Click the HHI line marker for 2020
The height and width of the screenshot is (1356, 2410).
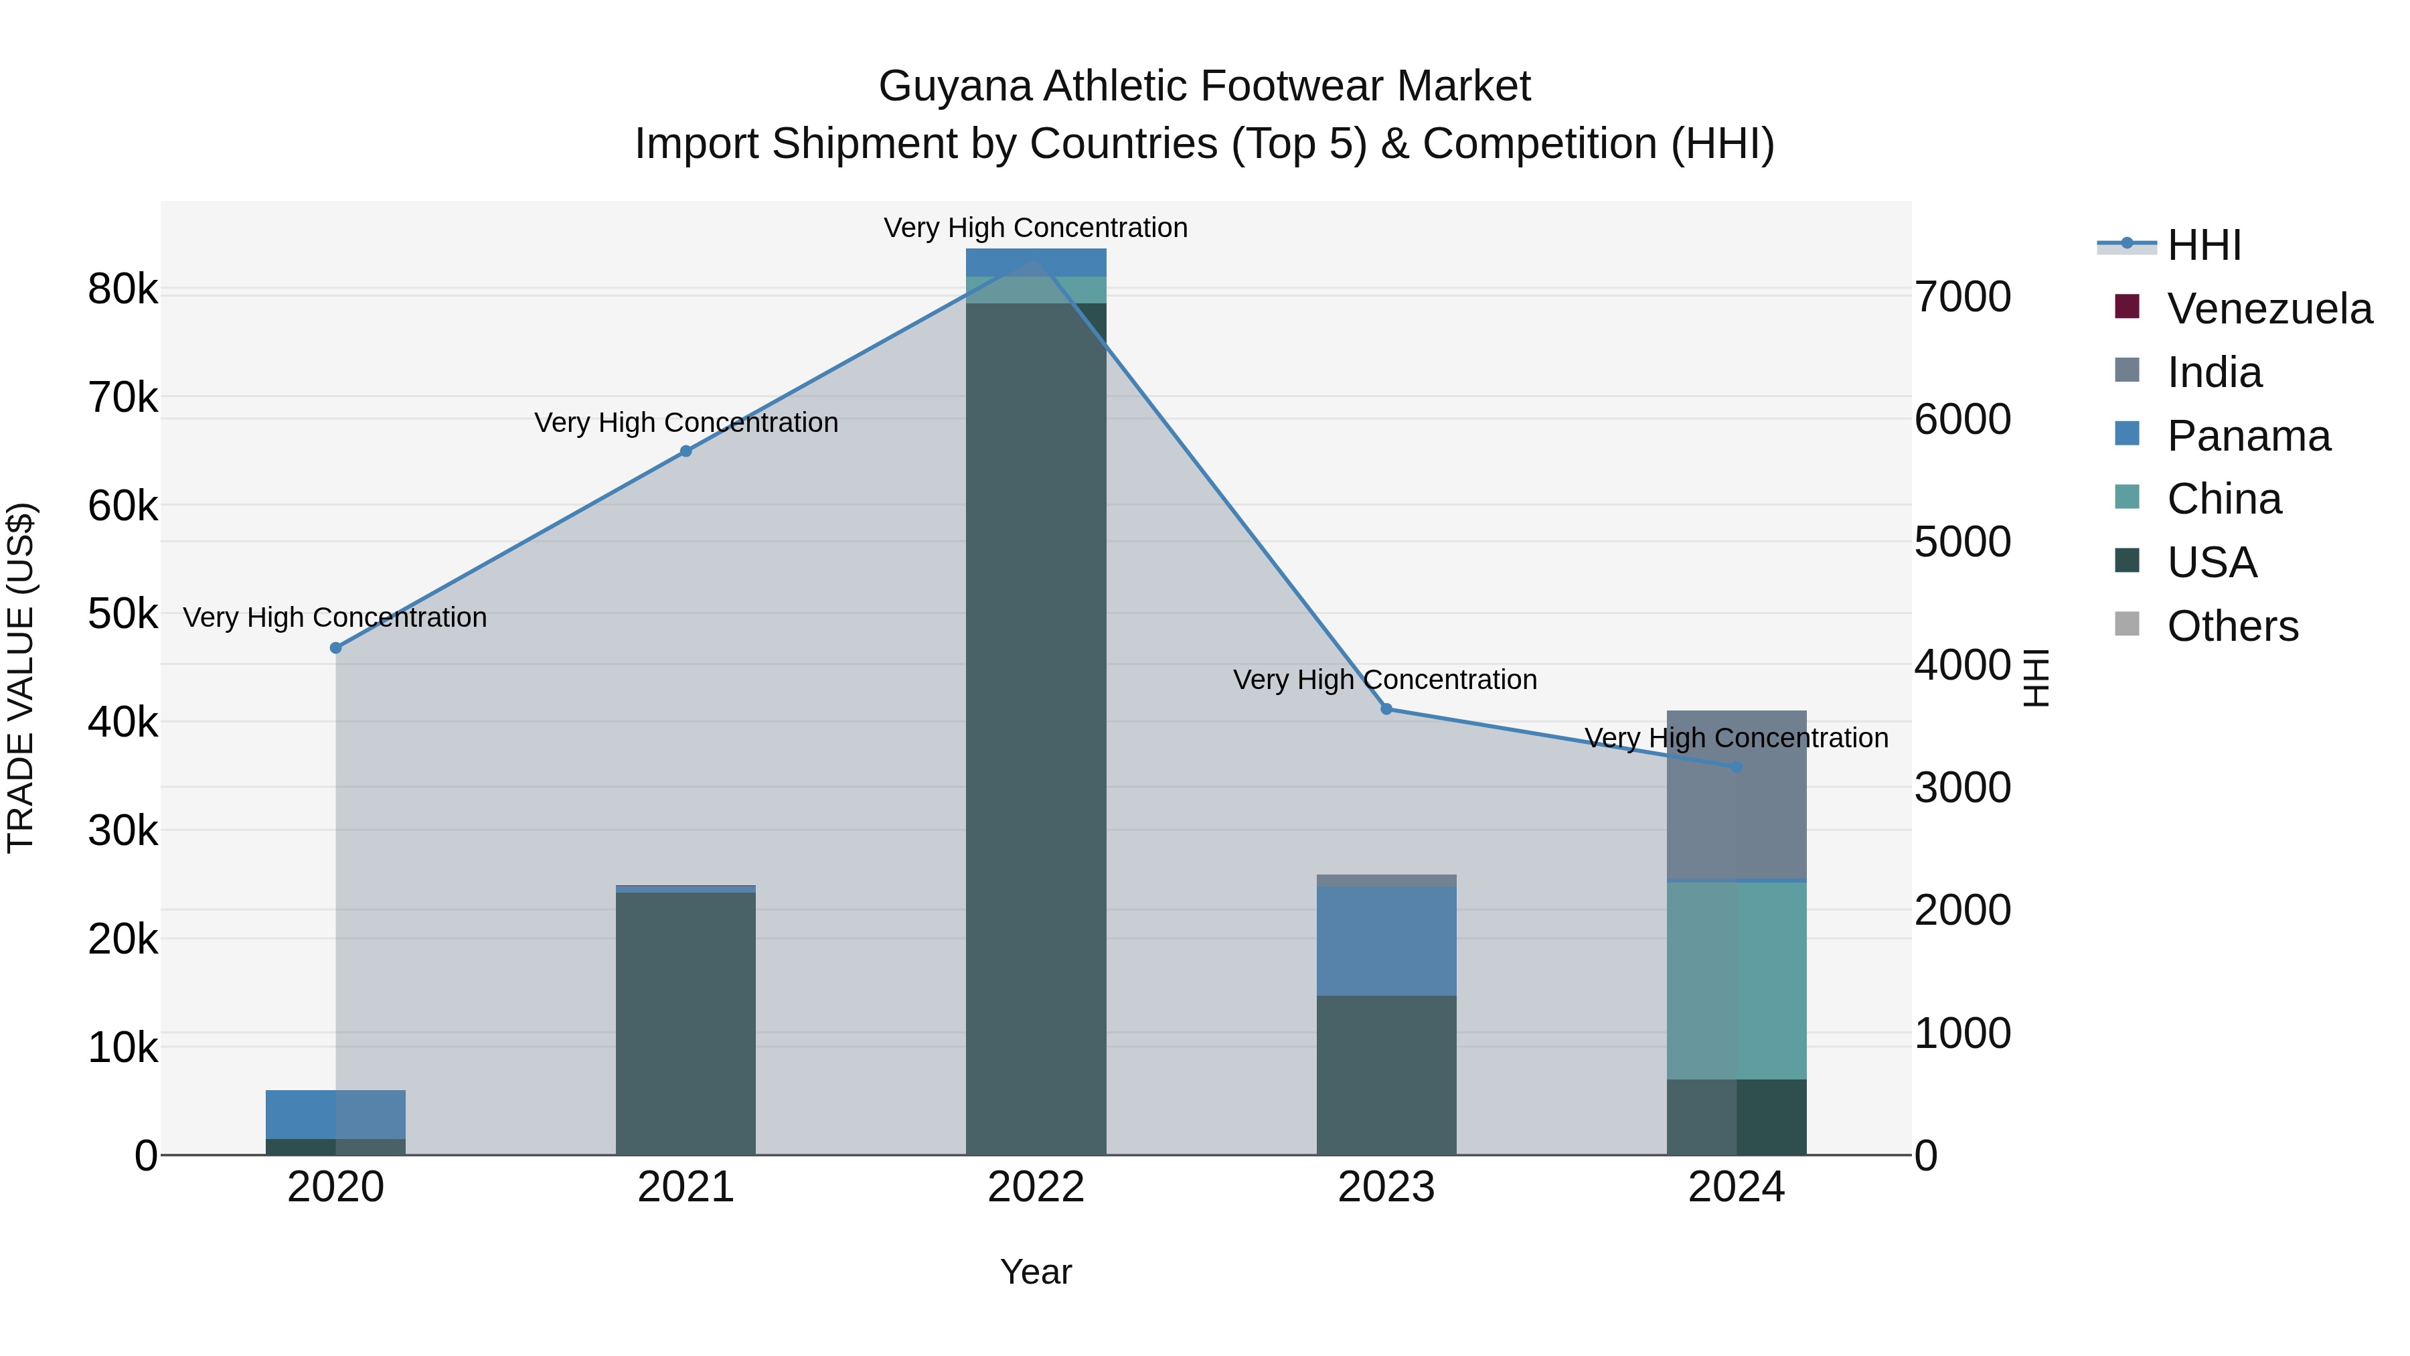[336, 648]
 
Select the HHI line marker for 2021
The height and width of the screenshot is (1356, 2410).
[686, 451]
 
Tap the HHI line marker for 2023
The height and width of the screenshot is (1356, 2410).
[1386, 709]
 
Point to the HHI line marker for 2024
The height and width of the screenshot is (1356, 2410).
[1737, 767]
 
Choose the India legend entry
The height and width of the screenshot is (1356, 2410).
[2214, 372]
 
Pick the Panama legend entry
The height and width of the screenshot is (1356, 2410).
[2248, 436]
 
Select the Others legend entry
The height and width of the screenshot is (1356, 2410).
[2232, 626]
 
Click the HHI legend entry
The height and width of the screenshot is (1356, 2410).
[2203, 245]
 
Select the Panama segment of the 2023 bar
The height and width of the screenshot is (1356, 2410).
[1386, 941]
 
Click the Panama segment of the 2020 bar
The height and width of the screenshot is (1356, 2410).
[336, 1114]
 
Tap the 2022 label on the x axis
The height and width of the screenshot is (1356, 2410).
[1036, 1187]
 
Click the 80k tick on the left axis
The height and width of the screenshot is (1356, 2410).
[123, 289]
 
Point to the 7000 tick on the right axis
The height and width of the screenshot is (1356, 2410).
[1963, 297]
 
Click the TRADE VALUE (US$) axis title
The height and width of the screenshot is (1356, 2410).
[21, 678]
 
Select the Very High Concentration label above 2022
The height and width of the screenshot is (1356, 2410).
[1036, 228]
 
